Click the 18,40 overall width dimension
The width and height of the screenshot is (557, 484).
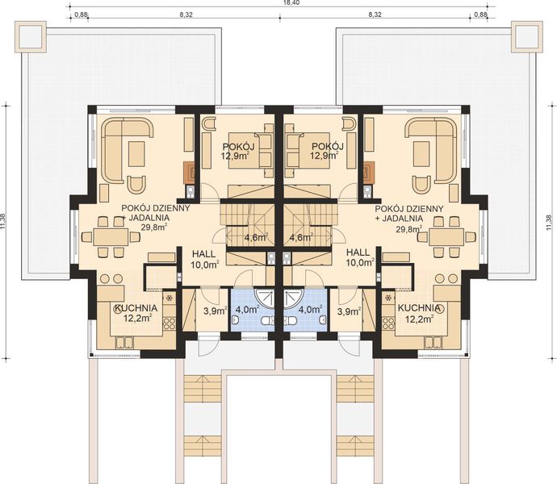click(278, 4)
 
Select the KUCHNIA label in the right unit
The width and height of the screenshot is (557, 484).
click(419, 308)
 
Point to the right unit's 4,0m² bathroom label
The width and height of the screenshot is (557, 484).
click(311, 308)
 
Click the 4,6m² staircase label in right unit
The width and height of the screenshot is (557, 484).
click(302, 238)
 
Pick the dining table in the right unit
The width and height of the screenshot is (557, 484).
click(446, 237)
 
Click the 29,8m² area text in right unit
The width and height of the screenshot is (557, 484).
click(410, 229)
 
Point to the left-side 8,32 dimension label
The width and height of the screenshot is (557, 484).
click(186, 15)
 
